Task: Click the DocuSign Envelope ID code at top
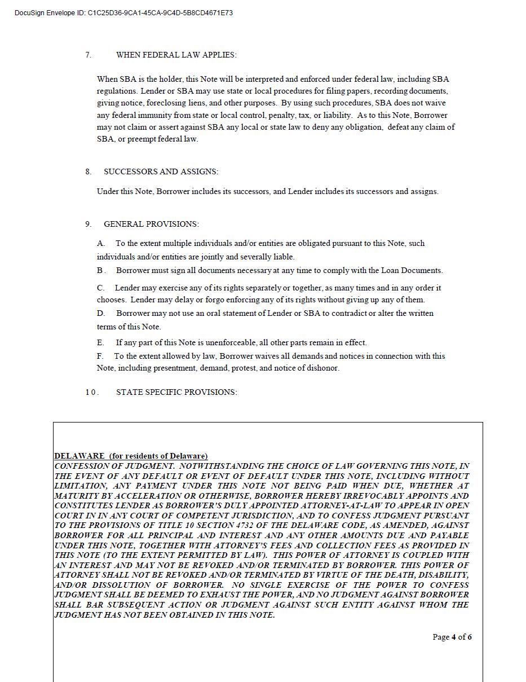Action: point(160,12)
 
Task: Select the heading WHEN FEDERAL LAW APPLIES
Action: point(176,55)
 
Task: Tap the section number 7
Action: point(88,55)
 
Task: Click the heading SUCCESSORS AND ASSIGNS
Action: point(161,171)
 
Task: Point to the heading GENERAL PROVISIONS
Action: point(151,224)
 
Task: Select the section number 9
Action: point(88,224)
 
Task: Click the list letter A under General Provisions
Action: point(101,243)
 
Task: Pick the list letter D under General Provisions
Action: point(101,313)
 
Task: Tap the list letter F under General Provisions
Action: point(100,356)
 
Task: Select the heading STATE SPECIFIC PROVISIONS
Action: point(176,392)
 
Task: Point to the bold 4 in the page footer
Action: point(454,637)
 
